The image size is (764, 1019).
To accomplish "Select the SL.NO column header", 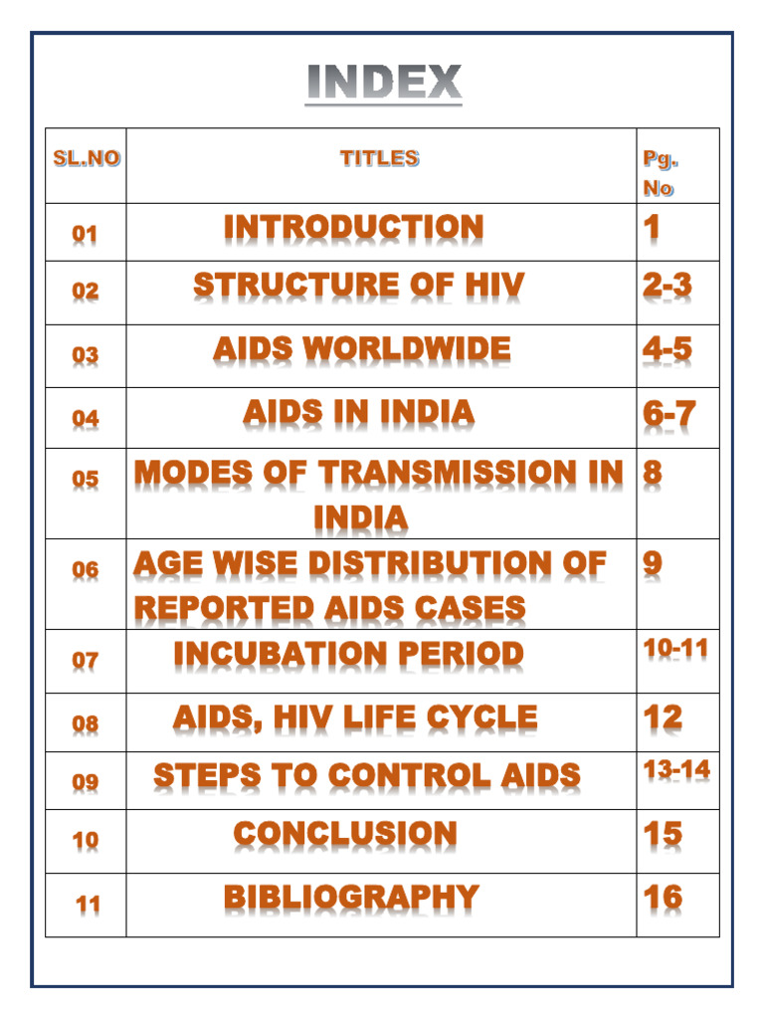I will (87, 158).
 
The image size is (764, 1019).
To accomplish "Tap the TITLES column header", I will (379, 157).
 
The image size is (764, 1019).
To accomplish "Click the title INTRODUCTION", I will (353, 228).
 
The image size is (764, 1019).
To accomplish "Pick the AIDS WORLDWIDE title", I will (361, 349).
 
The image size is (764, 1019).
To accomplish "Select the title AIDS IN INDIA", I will (359, 413).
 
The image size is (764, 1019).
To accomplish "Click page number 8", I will (653, 473).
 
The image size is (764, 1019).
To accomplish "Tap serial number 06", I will (86, 570).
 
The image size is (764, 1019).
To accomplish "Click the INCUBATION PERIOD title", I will (348, 654).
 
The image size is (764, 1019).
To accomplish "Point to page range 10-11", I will (675, 649).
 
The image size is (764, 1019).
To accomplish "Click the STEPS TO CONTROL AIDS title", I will (366, 776).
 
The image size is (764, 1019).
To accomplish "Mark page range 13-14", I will (676, 769).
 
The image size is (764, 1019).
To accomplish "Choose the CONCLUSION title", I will (345, 834).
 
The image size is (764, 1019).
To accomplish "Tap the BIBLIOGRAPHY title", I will (351, 898).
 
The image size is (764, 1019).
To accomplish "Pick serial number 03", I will (86, 355).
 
